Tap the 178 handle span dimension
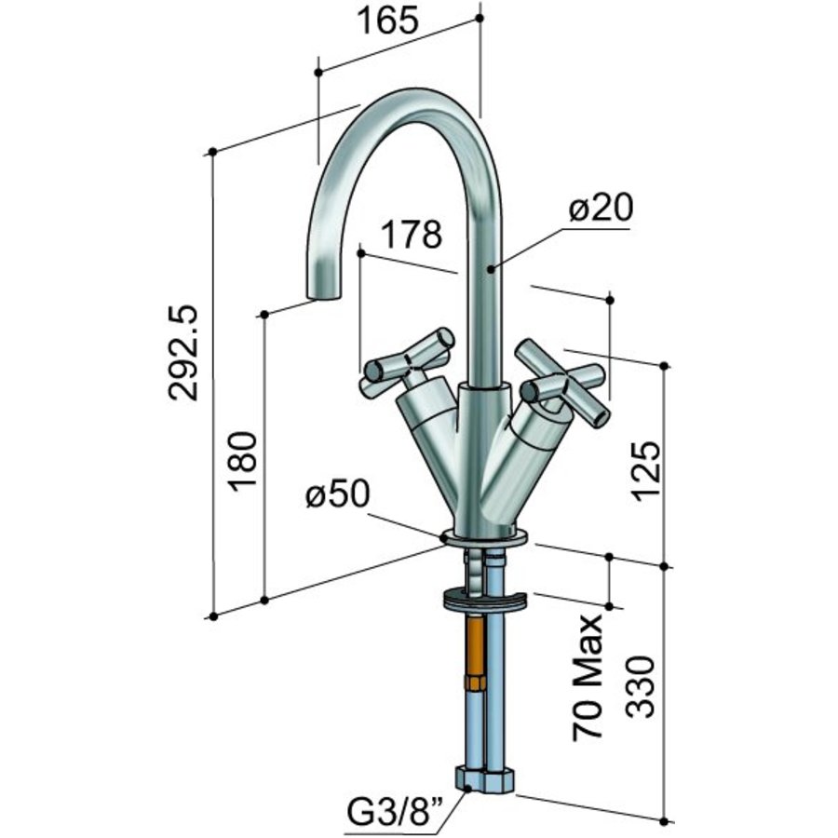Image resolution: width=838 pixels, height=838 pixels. pyautogui.click(x=411, y=235)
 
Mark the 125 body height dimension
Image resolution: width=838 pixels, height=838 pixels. pyautogui.click(x=649, y=469)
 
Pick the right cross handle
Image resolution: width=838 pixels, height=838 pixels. pyautogui.click(x=562, y=383)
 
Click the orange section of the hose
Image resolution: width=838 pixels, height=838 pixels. pyautogui.click(x=476, y=648)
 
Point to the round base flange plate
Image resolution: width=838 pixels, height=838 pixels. pyautogui.click(x=483, y=536)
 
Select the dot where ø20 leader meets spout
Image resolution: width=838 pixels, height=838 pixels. pyautogui.click(x=492, y=268)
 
